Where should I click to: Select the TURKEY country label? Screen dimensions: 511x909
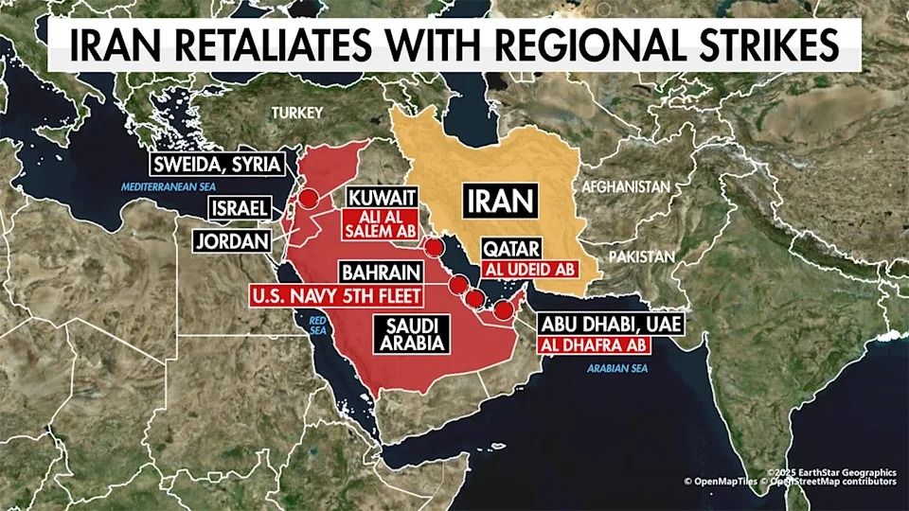(x=297, y=114)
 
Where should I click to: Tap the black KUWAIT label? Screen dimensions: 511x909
(x=383, y=198)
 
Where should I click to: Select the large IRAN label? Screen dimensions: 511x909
(x=500, y=201)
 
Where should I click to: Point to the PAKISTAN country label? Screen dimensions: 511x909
(x=643, y=256)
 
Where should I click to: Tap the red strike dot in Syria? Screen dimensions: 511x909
(x=309, y=198)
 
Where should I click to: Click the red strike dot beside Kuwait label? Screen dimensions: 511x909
(x=434, y=249)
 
